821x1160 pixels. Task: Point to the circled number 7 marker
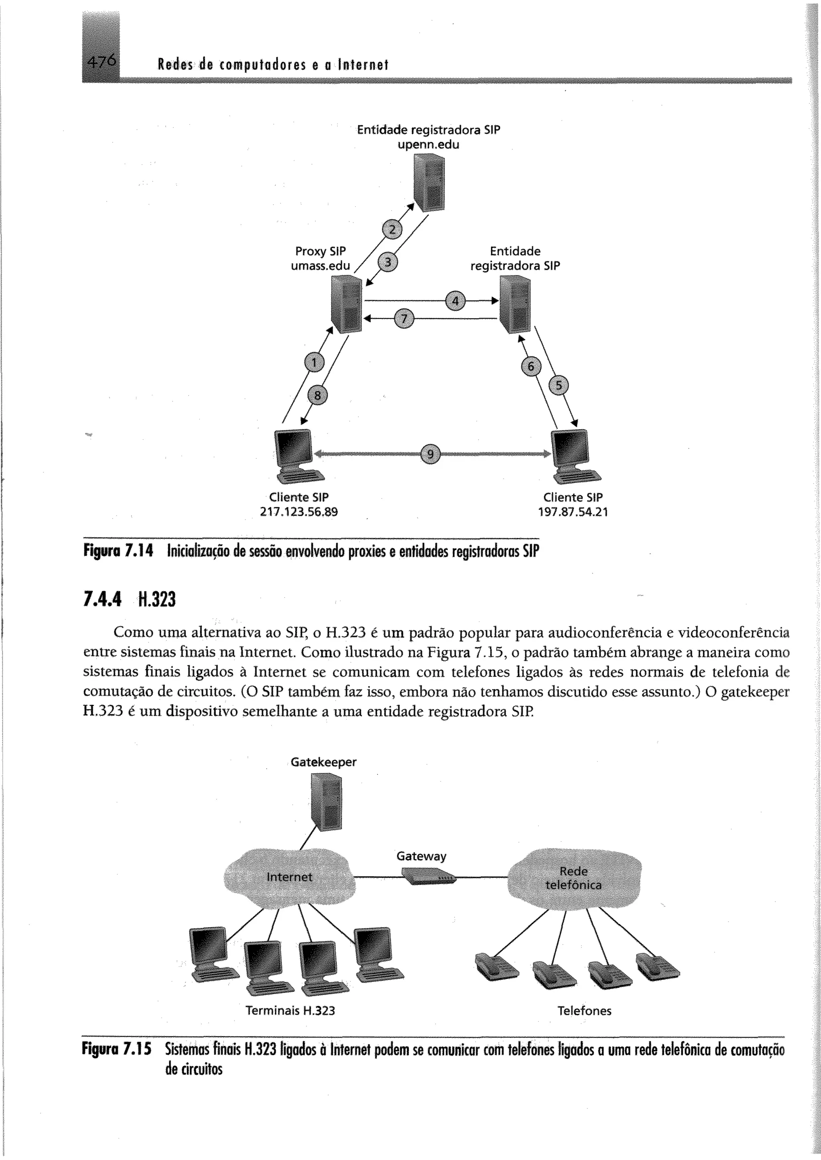403,319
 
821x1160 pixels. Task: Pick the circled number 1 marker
314,363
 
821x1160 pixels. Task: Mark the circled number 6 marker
531,367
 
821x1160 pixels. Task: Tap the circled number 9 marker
430,454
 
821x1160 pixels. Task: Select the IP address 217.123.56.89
298,512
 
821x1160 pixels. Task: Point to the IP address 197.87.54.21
573,512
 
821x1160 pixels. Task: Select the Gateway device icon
428,876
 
